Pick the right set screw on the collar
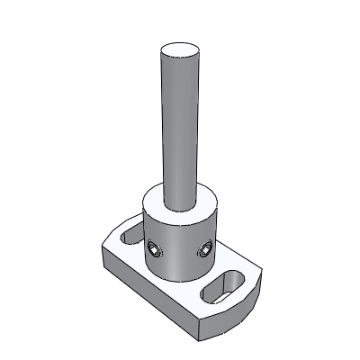(x=204, y=245)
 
